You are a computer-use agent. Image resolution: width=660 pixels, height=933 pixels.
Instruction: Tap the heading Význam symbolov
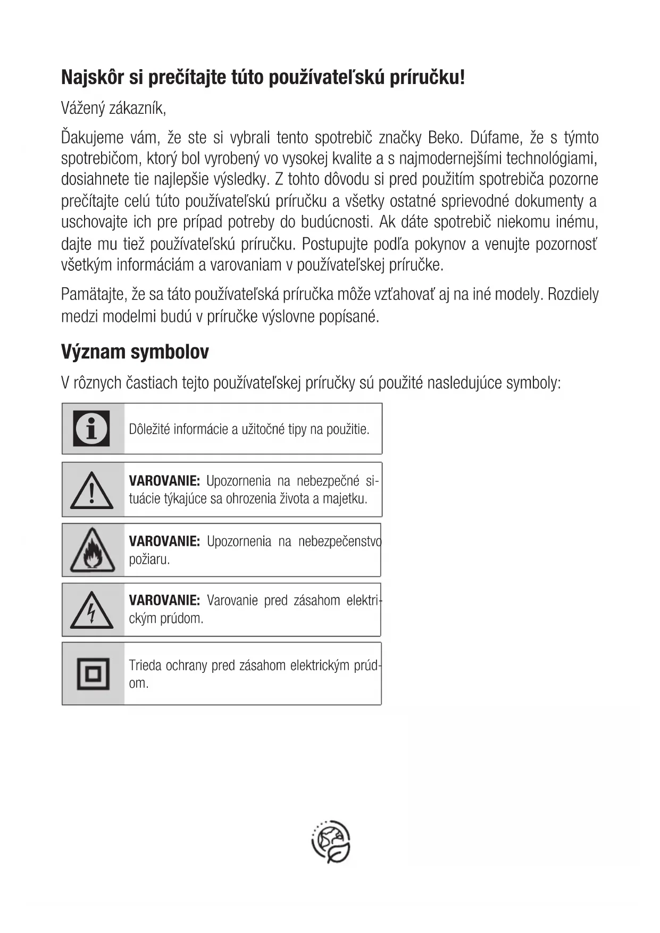point(135,352)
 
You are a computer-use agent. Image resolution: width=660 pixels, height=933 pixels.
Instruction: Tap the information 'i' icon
point(92,428)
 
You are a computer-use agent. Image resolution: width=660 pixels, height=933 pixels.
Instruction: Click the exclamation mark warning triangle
point(92,490)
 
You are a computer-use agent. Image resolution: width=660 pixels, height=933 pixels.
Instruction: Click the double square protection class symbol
point(93,674)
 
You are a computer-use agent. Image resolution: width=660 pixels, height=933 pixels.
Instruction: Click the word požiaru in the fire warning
point(149,560)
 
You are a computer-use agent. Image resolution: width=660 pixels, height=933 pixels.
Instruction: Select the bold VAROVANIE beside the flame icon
point(164,542)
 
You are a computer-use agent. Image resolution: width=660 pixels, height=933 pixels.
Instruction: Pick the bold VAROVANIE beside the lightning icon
point(164,601)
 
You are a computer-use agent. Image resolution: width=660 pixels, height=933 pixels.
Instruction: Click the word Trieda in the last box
point(145,665)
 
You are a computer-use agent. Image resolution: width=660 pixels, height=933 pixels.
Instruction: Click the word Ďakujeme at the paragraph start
point(92,138)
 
